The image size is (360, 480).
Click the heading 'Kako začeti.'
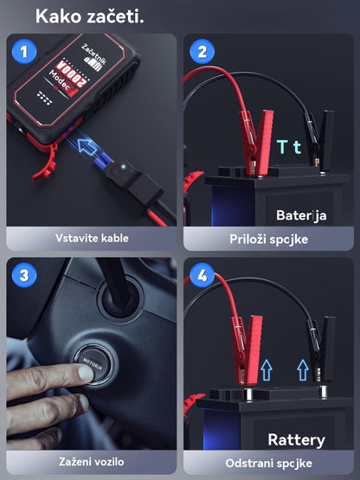[x=90, y=16]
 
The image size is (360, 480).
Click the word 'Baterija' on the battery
[x=301, y=214]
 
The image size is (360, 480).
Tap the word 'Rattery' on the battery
[x=297, y=439]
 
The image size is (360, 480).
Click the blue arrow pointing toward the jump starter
[x=91, y=146]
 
